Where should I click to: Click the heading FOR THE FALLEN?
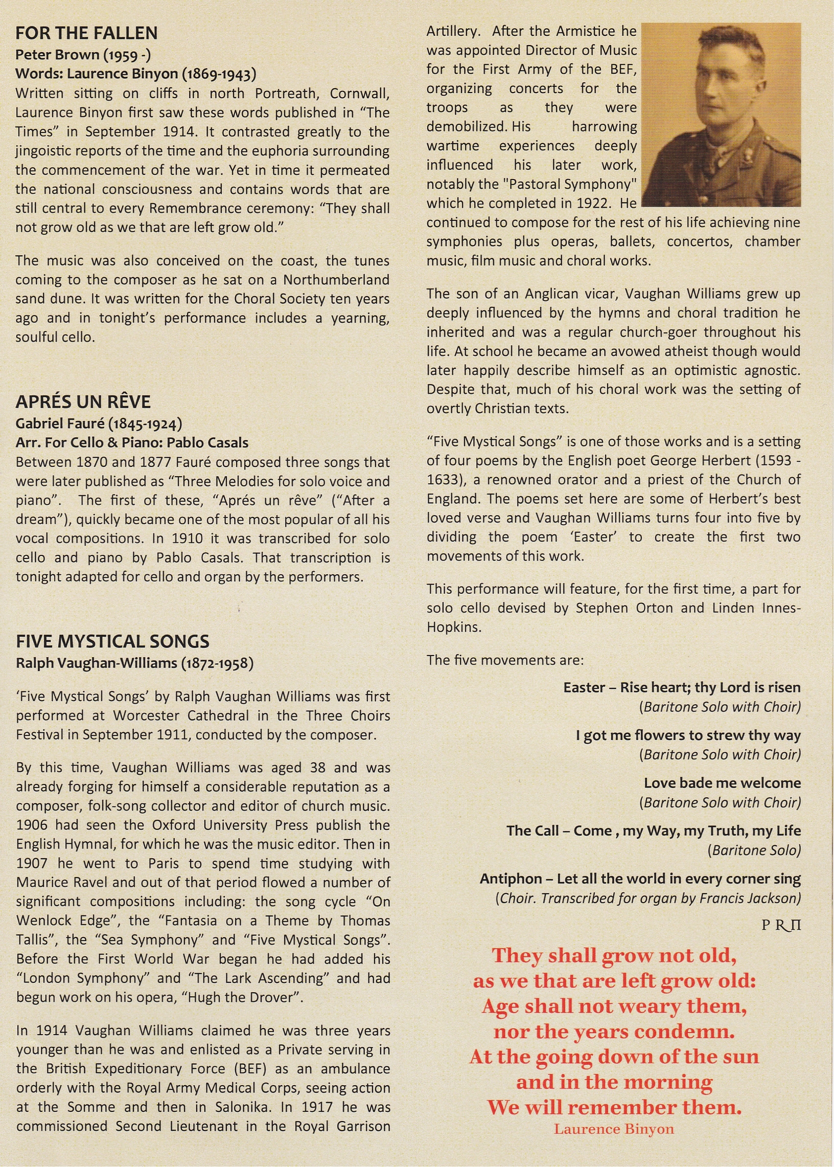[x=86, y=33]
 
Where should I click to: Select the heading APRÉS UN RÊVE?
[x=83, y=401]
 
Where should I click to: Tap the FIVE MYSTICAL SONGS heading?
[x=112, y=642]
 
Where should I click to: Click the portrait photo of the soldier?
[x=721, y=115]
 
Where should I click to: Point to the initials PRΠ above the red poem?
[x=780, y=925]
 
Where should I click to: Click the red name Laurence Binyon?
[x=614, y=1130]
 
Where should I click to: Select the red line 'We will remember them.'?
[x=614, y=1106]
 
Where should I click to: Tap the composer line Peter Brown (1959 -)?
[x=83, y=55]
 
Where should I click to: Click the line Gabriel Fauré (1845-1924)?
[x=99, y=423]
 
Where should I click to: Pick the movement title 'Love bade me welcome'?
[x=722, y=783]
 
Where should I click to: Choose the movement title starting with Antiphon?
[x=640, y=879]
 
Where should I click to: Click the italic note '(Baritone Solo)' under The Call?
[x=754, y=850]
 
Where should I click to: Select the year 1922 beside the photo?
[x=593, y=204]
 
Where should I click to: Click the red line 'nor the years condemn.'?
[x=614, y=1031]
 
